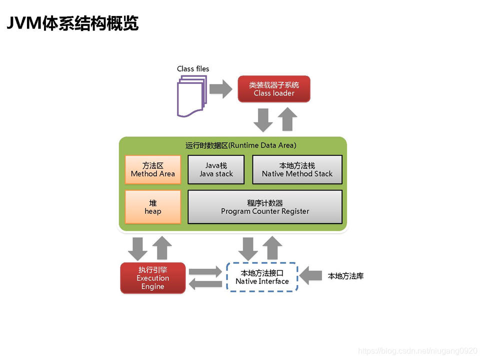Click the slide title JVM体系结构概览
point(73,23)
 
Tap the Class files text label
point(193,69)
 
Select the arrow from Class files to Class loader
point(220,89)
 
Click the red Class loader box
point(274,89)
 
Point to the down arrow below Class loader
point(263,120)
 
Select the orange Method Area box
point(153,169)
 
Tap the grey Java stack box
point(216,169)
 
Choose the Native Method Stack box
point(297,169)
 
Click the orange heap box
point(153,207)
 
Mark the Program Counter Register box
point(265,207)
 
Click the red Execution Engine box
point(153,278)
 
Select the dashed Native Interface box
point(262,277)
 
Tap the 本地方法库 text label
point(345,276)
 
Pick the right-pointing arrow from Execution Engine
point(205,272)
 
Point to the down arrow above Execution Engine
point(137,248)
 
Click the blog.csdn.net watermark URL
point(418,351)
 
